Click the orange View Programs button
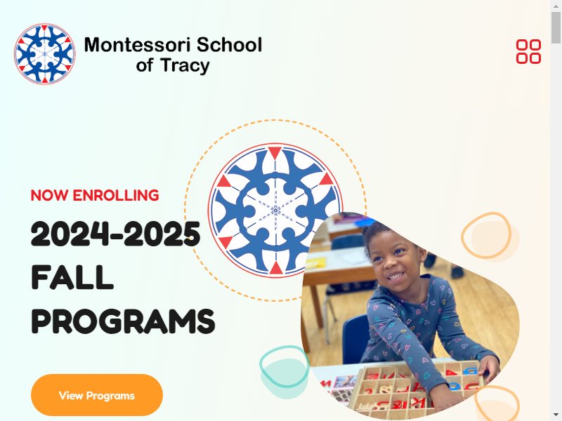click(97, 395)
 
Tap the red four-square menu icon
click(529, 51)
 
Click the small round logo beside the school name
click(45, 54)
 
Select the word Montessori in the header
click(138, 45)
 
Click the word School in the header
click(230, 44)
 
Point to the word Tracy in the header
click(185, 66)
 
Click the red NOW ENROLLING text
click(95, 196)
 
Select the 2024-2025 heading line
click(115, 234)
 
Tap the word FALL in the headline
click(72, 277)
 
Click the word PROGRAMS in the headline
click(124, 321)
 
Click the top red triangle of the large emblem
click(275, 152)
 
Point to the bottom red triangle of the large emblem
click(275, 268)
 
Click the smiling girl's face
click(395, 261)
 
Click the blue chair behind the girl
click(355, 338)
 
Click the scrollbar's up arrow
click(556, 5)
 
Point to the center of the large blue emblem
click(275, 210)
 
